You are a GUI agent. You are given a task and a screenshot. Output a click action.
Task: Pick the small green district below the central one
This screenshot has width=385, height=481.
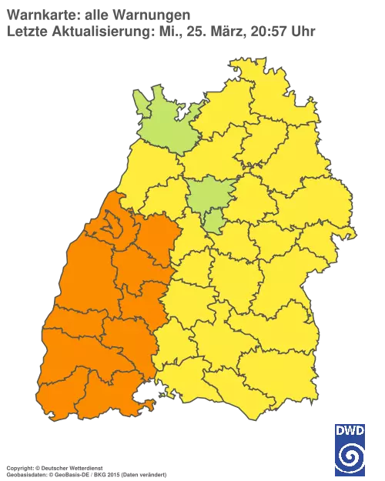[x=215, y=222]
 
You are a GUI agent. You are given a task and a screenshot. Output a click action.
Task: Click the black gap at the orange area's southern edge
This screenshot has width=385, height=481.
[x=144, y=398]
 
